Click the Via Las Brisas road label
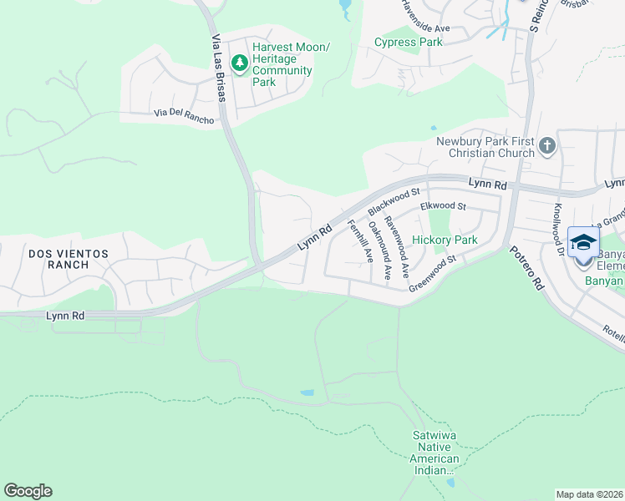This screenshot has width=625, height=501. click(218, 68)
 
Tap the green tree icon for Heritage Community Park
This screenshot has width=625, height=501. click(240, 62)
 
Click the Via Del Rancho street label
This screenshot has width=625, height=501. click(184, 116)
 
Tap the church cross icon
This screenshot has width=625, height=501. click(547, 147)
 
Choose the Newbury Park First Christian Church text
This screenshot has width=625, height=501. click(485, 147)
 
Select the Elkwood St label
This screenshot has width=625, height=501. click(442, 205)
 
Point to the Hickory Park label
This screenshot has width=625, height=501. click(445, 240)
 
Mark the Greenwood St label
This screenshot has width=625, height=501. click(431, 274)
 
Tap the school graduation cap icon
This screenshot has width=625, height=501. click(583, 242)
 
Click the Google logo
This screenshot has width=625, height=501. click(28, 491)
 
